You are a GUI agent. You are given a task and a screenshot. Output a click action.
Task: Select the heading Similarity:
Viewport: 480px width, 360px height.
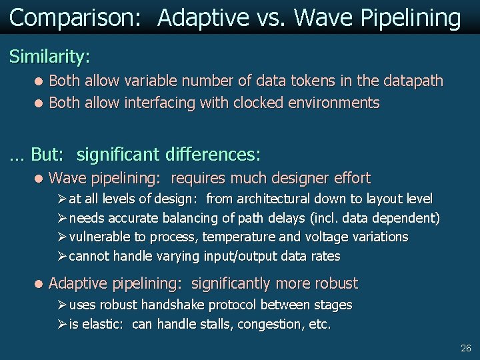click(x=49, y=57)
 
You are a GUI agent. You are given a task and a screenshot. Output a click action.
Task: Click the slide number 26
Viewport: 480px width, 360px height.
click(x=465, y=349)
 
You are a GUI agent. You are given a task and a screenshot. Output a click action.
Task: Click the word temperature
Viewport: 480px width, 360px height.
click(x=237, y=237)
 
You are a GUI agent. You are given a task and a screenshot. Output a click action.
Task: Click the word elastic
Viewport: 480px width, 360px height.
click(x=102, y=325)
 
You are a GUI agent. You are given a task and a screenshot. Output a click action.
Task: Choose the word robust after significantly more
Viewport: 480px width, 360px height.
click(x=333, y=283)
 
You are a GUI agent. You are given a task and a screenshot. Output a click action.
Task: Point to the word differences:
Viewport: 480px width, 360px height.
click(x=217, y=155)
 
